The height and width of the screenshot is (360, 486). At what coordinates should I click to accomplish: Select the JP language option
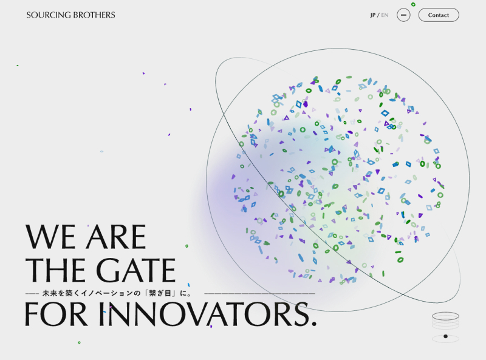pyautogui.click(x=372, y=15)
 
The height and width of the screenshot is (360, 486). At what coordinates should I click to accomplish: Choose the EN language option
pyautogui.click(x=385, y=15)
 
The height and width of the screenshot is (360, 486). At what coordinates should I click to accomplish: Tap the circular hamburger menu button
pyautogui.click(x=403, y=15)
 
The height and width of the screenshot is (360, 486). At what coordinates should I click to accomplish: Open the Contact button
pyautogui.click(x=439, y=15)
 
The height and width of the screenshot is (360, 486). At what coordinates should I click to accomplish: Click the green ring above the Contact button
pyautogui.click(x=413, y=4)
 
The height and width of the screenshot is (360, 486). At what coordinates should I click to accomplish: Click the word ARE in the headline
pyautogui.click(x=115, y=237)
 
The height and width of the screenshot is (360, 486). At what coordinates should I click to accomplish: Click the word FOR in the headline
pyautogui.click(x=56, y=314)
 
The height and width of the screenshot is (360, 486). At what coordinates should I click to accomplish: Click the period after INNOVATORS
pyautogui.click(x=313, y=323)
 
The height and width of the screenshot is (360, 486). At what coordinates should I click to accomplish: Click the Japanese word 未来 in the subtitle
pyautogui.click(x=50, y=293)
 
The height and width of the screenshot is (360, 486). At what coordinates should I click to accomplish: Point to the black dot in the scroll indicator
pyautogui.click(x=445, y=336)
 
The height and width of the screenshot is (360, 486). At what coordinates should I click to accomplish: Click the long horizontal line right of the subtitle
pyautogui.click(x=260, y=293)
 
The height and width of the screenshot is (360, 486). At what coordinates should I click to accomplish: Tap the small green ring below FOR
pyautogui.click(x=79, y=342)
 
